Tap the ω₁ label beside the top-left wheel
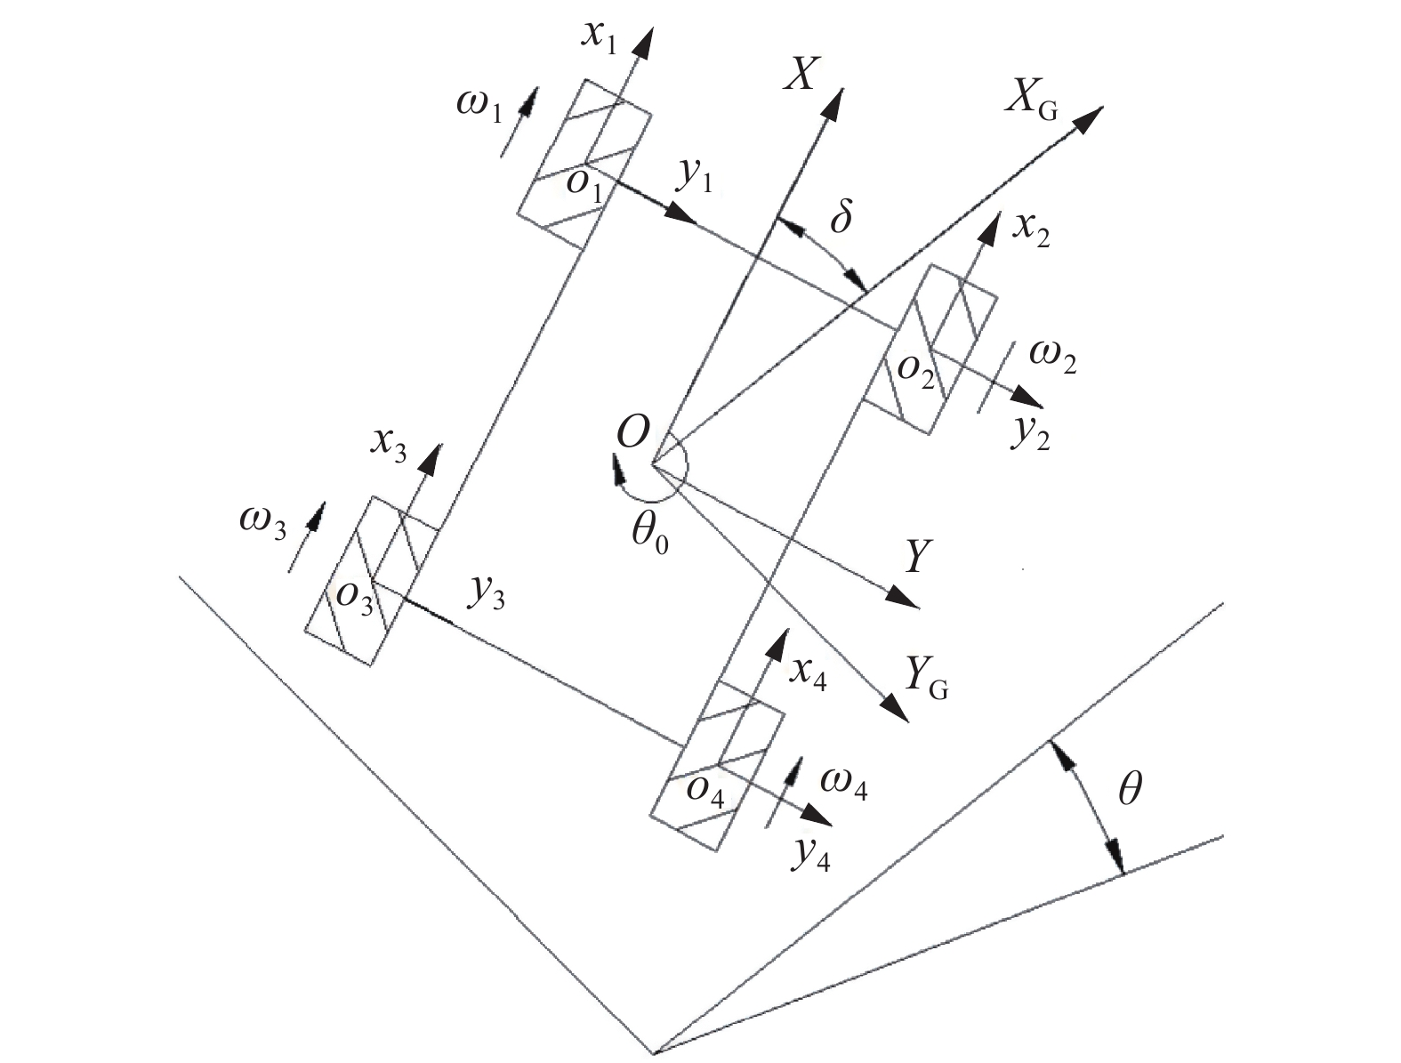pos(480,106)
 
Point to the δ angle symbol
pos(840,217)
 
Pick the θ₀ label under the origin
pos(648,533)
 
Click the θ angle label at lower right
pos(1129,789)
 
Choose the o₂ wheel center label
pos(916,373)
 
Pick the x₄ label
pos(809,676)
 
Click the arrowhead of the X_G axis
pos(1091,115)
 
